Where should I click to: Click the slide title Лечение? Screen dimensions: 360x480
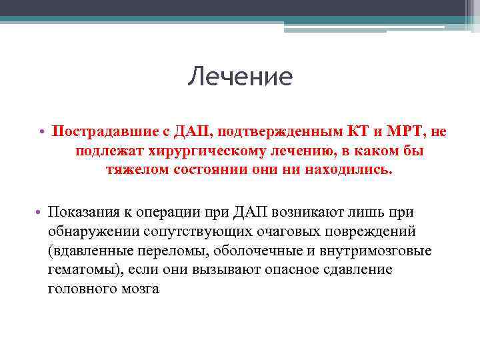(240, 77)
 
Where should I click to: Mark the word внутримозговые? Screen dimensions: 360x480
(377, 251)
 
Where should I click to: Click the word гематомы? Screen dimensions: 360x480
(80, 270)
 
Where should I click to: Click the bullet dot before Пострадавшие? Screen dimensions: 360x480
(42, 132)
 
